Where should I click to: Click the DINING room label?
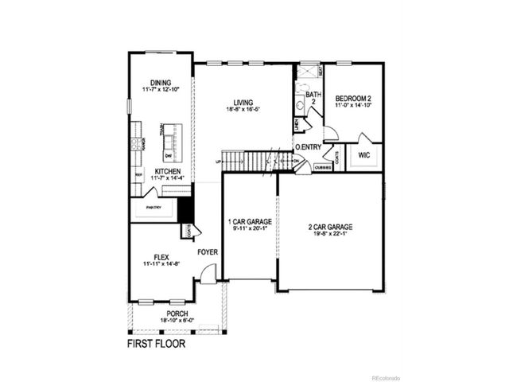[161, 81]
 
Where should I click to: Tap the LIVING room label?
[243, 101]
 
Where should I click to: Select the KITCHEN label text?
[167, 171]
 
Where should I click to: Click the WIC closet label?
[364, 155]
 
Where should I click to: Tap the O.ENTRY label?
[308, 147]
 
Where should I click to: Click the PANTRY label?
[153, 209]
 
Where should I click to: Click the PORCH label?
[177, 314]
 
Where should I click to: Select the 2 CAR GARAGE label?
[330, 227]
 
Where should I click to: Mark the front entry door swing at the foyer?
[207, 275]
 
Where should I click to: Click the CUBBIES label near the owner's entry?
[324, 168]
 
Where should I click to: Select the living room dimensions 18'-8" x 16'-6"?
[243, 110]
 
